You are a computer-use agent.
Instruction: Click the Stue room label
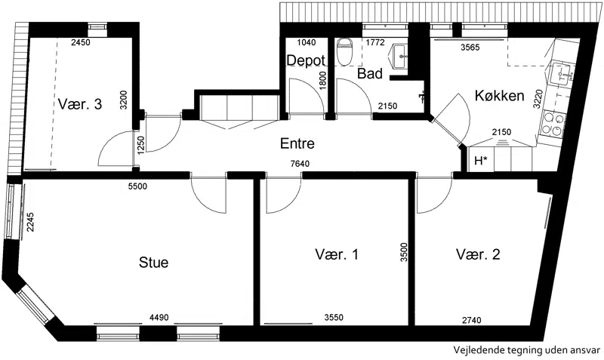point(153,263)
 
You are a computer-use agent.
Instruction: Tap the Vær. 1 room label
point(337,254)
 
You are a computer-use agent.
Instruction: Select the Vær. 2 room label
point(478,254)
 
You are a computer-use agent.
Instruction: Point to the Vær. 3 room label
point(80,104)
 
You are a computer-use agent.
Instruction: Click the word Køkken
point(499,96)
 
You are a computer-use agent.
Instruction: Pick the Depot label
point(306,60)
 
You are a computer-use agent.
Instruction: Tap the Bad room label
point(370,73)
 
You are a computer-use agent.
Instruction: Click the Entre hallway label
point(297,143)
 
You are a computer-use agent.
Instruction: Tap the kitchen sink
point(562,75)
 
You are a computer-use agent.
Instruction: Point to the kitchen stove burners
point(553,124)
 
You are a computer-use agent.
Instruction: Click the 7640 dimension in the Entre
point(300,164)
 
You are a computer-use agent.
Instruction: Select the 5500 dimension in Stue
point(137,186)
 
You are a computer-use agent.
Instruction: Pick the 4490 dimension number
point(159,318)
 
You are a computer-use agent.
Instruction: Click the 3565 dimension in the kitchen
point(470,48)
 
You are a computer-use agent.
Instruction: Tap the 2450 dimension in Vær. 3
point(81,42)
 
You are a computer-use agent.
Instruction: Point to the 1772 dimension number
point(375,42)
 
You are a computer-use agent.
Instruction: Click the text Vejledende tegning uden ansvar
point(526,350)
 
